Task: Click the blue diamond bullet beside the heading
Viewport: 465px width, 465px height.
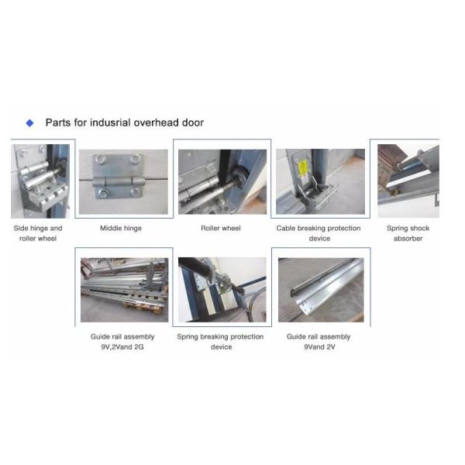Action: point(30,122)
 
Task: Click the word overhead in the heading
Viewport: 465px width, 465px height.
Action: point(157,122)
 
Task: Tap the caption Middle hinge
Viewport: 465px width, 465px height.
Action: point(121,228)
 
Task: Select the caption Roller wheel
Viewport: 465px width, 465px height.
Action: point(221,228)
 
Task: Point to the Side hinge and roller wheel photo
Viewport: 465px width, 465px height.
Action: point(40,181)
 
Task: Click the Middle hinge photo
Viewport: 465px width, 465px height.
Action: point(123,181)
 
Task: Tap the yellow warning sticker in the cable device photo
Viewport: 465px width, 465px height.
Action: point(303,167)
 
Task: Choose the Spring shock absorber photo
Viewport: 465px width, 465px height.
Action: point(408,181)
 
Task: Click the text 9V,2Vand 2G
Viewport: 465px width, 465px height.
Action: point(122,346)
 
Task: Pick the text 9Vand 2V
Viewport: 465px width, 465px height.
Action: point(319,346)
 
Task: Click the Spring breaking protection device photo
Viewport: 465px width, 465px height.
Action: point(222,289)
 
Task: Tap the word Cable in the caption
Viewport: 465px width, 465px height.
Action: point(285,228)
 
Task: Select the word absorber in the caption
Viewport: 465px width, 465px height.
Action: point(408,239)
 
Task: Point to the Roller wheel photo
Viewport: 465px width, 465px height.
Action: point(222,181)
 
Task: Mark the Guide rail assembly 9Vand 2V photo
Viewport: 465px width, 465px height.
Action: point(321,290)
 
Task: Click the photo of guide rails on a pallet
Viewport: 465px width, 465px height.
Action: point(124,290)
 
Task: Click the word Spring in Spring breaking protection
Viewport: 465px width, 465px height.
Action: point(188,337)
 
